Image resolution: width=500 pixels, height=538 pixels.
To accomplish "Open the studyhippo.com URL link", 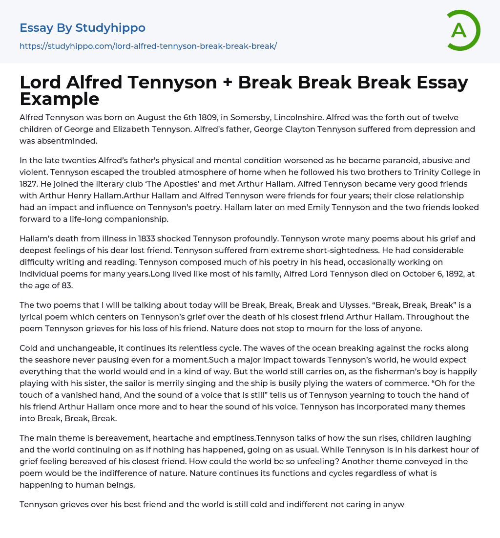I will [148, 46].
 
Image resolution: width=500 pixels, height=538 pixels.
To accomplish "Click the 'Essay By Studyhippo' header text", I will [83, 28].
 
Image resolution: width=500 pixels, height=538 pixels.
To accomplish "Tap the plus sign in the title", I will [227, 82].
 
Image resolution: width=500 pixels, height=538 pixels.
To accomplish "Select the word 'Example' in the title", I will [60, 99].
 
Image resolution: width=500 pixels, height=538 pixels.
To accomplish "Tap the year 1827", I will [31, 184].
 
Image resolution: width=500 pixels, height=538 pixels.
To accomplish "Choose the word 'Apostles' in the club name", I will [157, 184].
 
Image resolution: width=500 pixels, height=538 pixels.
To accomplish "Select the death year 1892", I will [442, 274].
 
